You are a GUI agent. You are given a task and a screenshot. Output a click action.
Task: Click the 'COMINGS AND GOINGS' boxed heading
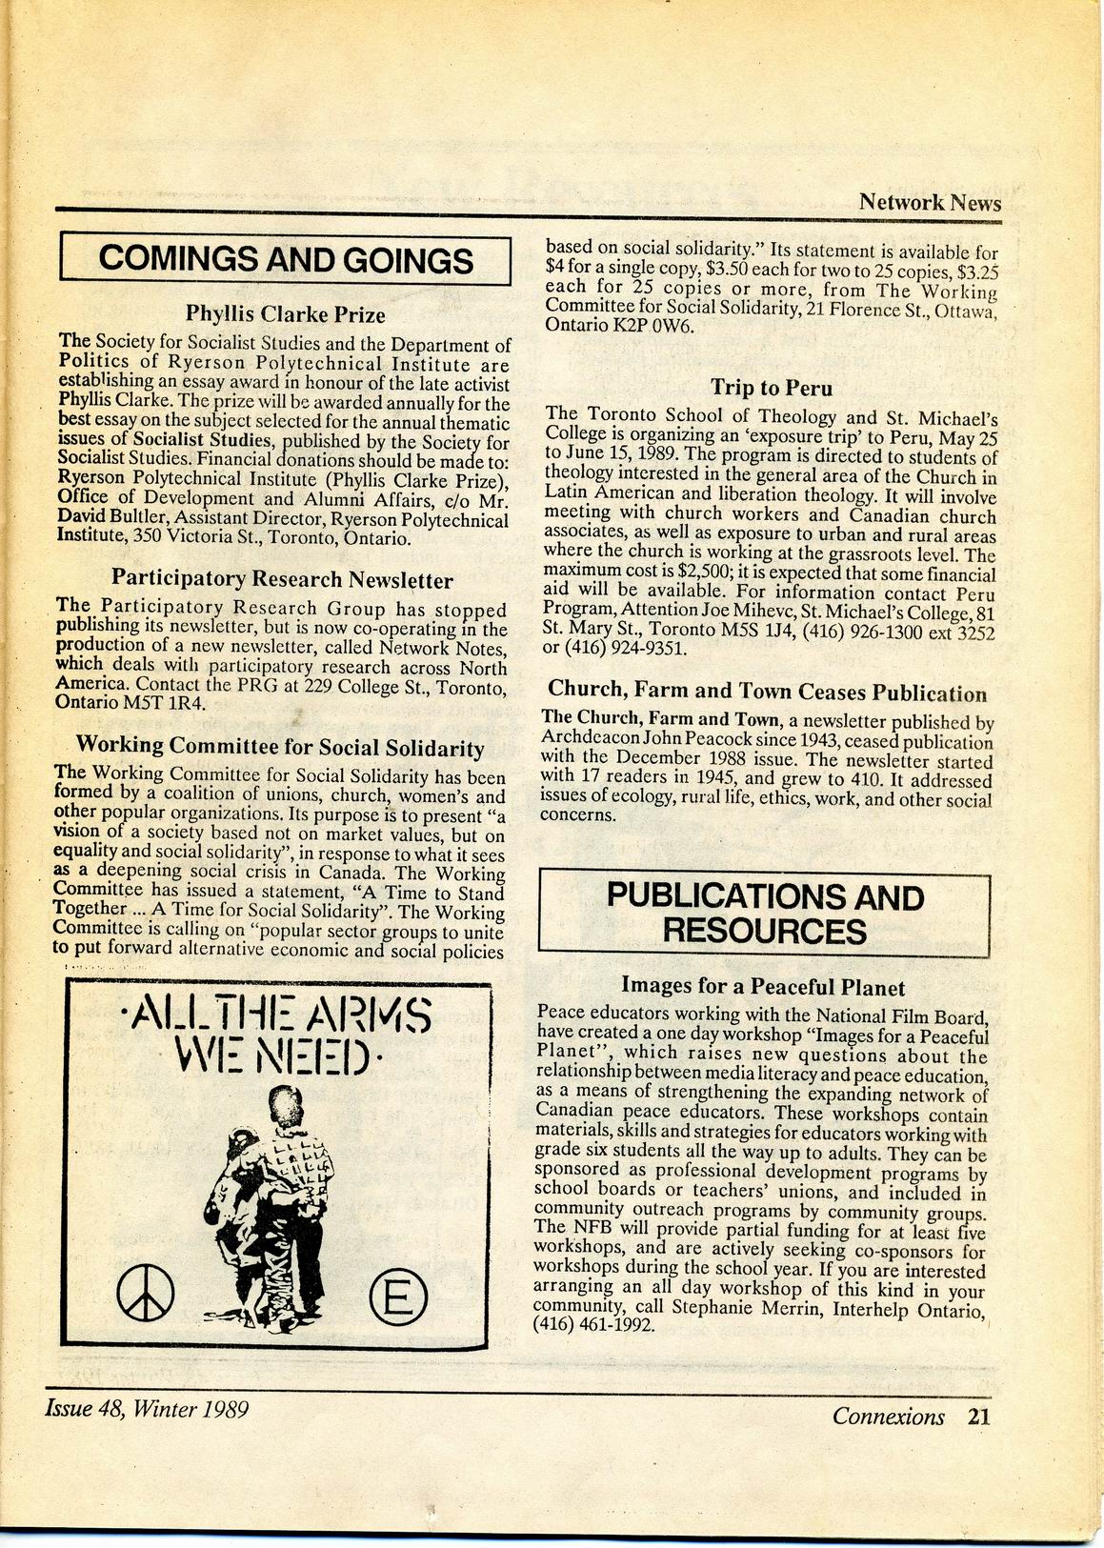(x=286, y=259)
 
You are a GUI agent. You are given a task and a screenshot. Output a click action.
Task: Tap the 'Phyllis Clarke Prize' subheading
(x=285, y=314)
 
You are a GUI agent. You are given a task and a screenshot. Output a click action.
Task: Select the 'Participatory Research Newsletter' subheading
(x=282, y=578)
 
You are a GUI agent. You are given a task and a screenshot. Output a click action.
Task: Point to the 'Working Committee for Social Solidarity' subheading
(x=280, y=747)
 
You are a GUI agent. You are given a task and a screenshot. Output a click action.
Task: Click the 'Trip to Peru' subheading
(x=771, y=388)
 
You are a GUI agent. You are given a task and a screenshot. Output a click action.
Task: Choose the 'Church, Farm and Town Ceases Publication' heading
(x=767, y=692)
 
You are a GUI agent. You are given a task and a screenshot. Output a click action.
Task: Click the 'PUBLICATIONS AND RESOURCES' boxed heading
(x=765, y=913)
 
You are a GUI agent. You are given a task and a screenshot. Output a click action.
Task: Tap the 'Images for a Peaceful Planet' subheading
(x=763, y=986)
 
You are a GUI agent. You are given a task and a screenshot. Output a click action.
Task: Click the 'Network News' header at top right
(x=930, y=202)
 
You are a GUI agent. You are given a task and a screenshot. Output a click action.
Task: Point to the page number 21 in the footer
(x=979, y=1416)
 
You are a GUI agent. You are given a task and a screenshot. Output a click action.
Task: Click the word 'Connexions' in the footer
(x=888, y=1416)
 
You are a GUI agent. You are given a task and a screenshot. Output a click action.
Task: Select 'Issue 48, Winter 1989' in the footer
(x=147, y=1408)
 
